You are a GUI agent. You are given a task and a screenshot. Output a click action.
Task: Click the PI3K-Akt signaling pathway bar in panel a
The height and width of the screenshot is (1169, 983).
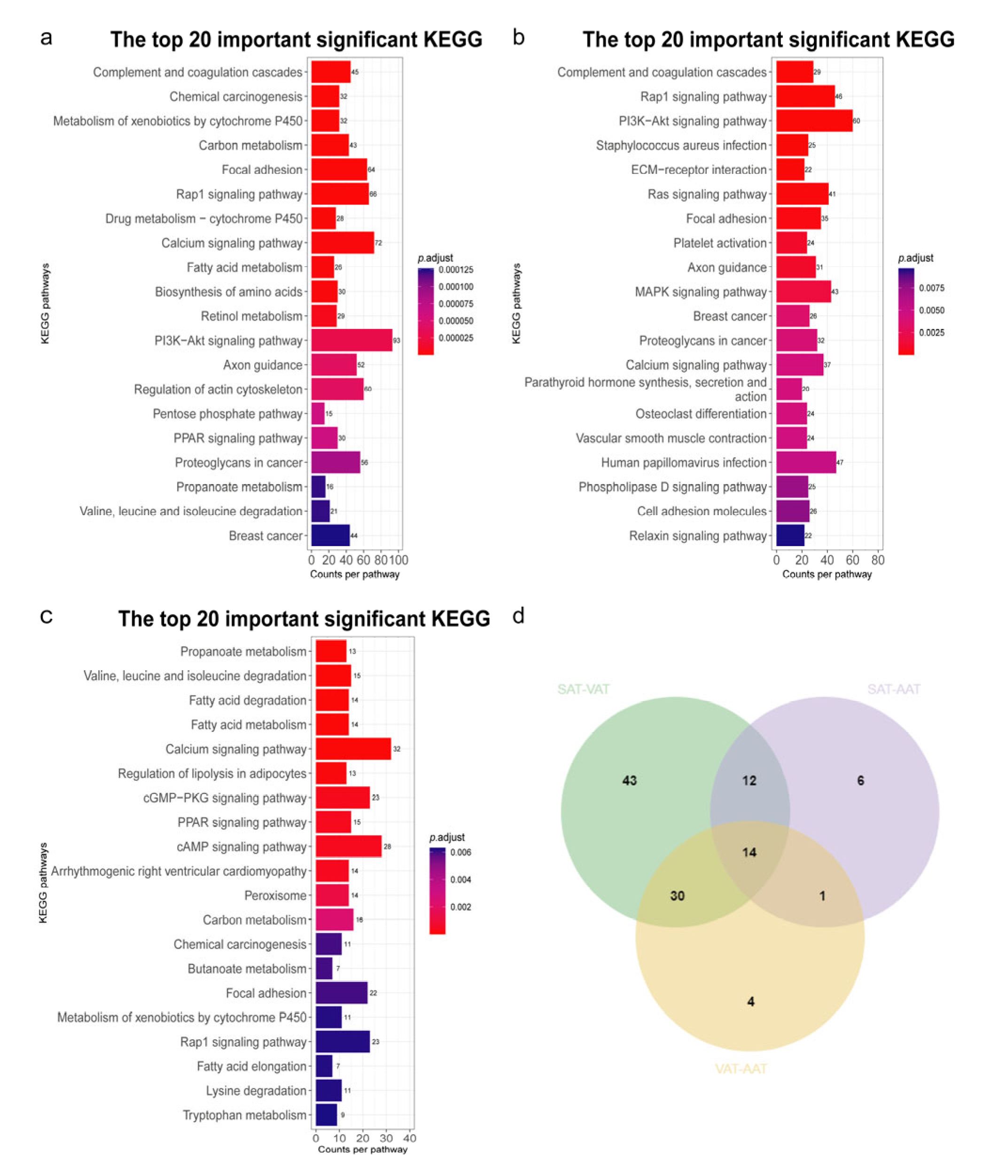tap(351, 340)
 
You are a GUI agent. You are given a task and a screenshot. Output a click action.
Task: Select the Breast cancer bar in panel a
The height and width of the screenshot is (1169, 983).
tap(330, 535)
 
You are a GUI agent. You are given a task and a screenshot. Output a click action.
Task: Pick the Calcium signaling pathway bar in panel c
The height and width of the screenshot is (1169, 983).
tap(353, 749)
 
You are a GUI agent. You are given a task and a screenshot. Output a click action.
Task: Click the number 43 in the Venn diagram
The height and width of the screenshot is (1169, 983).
tap(629, 780)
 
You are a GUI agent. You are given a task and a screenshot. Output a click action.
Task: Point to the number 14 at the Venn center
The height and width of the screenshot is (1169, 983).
tap(749, 852)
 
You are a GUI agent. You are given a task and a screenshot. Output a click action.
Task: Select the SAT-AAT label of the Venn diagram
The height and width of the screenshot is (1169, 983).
tap(893, 689)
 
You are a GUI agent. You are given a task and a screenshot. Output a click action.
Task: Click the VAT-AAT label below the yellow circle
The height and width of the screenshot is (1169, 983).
tap(741, 1069)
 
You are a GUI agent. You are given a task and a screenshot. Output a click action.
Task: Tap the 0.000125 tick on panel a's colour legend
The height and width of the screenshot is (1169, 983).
tap(455, 270)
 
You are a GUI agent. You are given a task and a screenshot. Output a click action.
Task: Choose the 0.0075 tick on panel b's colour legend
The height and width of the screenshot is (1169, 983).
tap(931, 288)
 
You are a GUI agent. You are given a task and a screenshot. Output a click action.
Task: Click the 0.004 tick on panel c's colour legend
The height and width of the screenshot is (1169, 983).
tap(460, 879)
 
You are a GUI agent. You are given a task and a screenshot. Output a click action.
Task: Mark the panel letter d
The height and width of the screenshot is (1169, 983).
tap(518, 616)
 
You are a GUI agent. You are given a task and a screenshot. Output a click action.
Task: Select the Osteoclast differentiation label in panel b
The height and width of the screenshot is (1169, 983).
tap(701, 414)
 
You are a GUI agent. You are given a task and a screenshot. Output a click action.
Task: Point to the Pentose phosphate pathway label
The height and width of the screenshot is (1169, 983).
tap(227, 414)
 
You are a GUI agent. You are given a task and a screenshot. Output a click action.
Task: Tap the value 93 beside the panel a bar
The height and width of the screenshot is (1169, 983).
tap(397, 340)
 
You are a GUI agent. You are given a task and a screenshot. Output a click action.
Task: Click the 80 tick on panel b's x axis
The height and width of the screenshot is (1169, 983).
tap(877, 560)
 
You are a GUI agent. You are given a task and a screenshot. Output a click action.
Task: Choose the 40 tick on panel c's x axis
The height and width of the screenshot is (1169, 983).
tap(409, 1138)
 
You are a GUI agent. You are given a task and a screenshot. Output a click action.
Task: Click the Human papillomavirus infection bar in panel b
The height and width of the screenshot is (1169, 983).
tap(806, 462)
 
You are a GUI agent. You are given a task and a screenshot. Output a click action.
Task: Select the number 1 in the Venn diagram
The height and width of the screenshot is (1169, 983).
tap(822, 896)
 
